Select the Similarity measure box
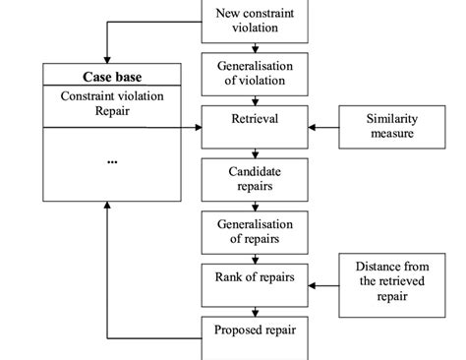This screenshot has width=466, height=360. click(x=391, y=126)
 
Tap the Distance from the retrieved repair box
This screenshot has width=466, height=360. click(x=391, y=284)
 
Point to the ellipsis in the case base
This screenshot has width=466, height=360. click(x=112, y=159)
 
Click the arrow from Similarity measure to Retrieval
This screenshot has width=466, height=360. click(x=323, y=127)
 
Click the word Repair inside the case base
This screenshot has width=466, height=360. click(x=112, y=112)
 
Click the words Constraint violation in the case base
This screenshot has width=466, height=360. click(x=112, y=96)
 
